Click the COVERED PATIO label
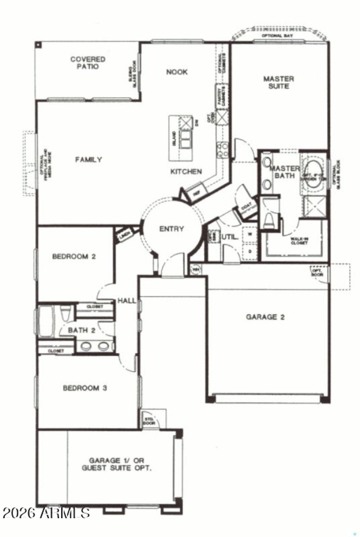(x=88, y=63)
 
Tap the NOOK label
(x=177, y=72)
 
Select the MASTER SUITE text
(x=279, y=82)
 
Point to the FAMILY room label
(x=88, y=160)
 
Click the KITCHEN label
(x=186, y=171)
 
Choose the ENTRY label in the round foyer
(x=171, y=229)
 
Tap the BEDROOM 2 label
(x=74, y=257)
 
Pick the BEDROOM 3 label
(x=85, y=388)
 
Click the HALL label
(x=126, y=300)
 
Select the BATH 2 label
(x=81, y=330)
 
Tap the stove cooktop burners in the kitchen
(x=222, y=149)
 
